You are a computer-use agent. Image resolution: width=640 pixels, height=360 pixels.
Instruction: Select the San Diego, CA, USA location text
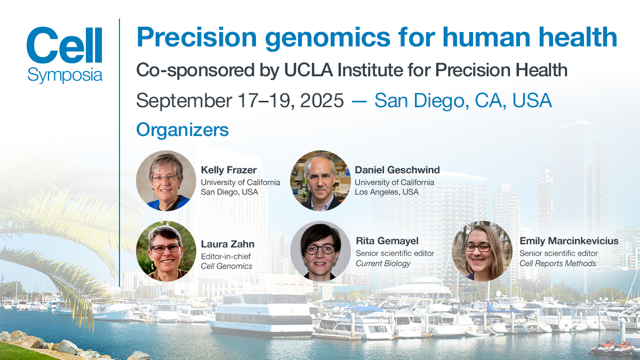[463, 100]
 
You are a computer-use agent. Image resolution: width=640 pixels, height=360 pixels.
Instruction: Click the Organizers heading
[182, 130]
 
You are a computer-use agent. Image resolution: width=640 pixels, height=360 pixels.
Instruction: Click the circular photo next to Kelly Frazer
[166, 180]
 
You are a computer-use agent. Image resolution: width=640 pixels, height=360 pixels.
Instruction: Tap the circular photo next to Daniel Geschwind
[320, 180]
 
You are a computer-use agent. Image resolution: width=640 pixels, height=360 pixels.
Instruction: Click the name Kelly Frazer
[229, 170]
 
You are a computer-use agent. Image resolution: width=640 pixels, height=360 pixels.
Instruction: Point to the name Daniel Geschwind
[397, 170]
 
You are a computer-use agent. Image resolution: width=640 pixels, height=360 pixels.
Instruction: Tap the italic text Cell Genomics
[226, 266]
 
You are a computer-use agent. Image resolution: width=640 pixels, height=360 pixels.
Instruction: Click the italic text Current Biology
[383, 263]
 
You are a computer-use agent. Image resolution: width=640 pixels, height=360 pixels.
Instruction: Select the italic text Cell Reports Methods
[557, 263]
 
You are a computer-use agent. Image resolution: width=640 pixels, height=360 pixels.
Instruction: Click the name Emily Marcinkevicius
[569, 241]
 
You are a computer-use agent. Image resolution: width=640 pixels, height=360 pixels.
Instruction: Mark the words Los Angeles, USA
[387, 192]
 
